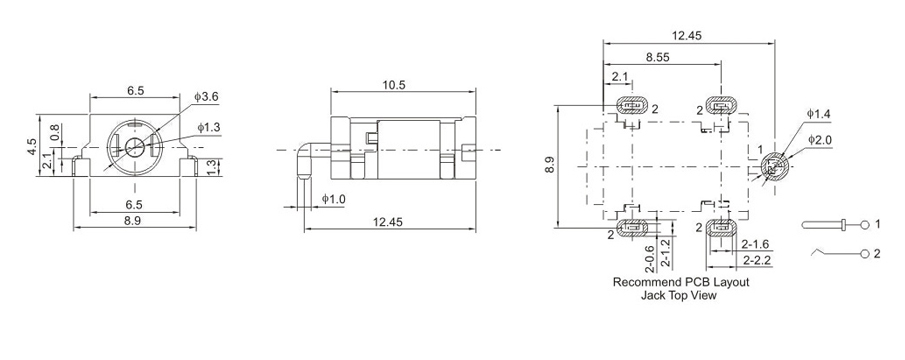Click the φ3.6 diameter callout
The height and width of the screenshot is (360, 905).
point(206,97)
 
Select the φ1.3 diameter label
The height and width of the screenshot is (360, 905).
point(208,128)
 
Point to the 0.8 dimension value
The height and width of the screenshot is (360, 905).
point(55,132)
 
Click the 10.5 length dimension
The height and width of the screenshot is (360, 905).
point(394,85)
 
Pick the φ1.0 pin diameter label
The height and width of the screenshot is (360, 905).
point(333,199)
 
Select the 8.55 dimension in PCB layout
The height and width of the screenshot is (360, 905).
point(657,58)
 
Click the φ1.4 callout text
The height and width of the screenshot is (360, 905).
point(818,114)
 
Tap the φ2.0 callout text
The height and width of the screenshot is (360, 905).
point(820,139)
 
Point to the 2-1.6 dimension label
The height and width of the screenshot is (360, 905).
point(755,243)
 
